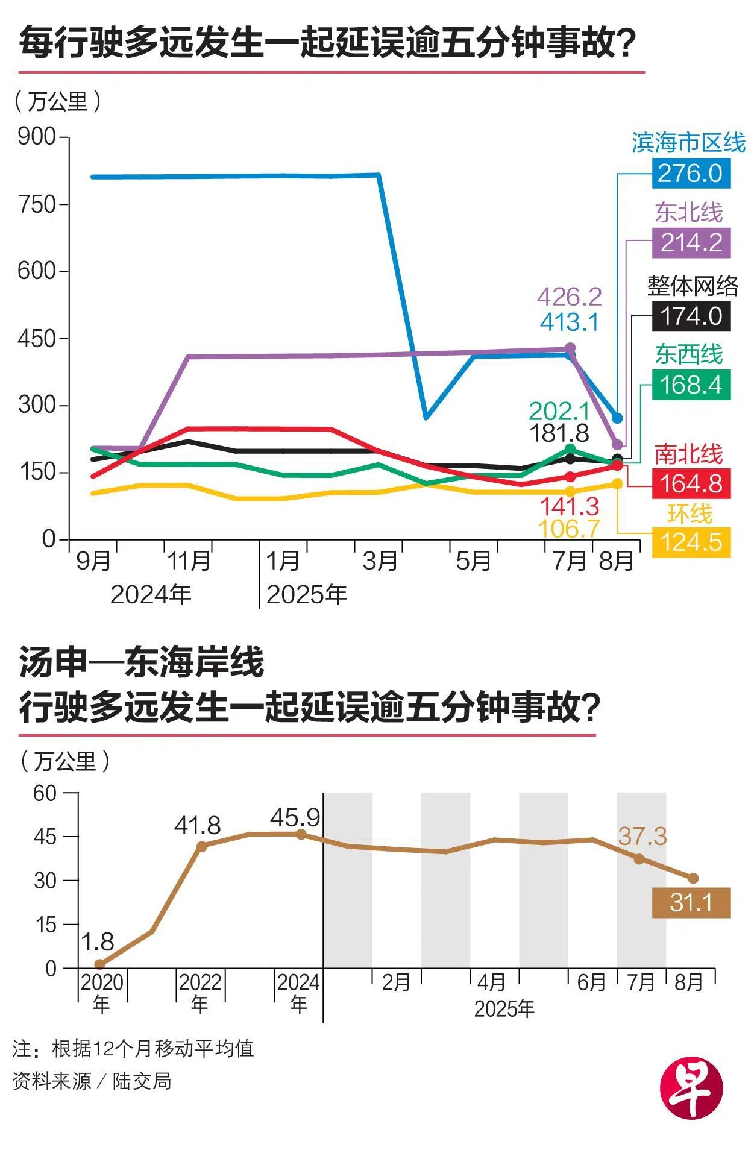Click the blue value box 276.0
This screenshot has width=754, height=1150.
[691, 174]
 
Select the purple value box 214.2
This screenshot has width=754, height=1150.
[691, 243]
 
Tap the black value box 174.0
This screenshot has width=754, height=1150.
[691, 316]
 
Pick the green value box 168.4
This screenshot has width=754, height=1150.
[691, 385]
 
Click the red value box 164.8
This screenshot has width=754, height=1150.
[691, 483]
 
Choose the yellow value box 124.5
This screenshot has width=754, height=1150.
[691, 542]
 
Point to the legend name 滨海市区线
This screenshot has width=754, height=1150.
[688, 143]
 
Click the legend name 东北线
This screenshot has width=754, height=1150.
[688, 212]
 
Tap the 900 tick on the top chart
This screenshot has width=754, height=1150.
[37, 137]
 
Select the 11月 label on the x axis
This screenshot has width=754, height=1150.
[189, 561]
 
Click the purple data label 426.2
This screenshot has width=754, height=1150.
[569, 297]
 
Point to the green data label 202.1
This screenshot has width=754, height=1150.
[559, 411]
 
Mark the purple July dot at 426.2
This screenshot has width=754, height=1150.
[570, 348]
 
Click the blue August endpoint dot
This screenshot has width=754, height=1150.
[617, 418]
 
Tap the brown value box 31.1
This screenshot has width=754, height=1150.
[691, 903]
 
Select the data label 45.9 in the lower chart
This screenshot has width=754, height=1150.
[295, 818]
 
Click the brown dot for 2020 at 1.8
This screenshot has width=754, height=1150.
[100, 964]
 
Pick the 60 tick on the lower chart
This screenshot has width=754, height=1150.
[45, 793]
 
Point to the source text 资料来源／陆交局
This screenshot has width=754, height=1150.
[92, 1081]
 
